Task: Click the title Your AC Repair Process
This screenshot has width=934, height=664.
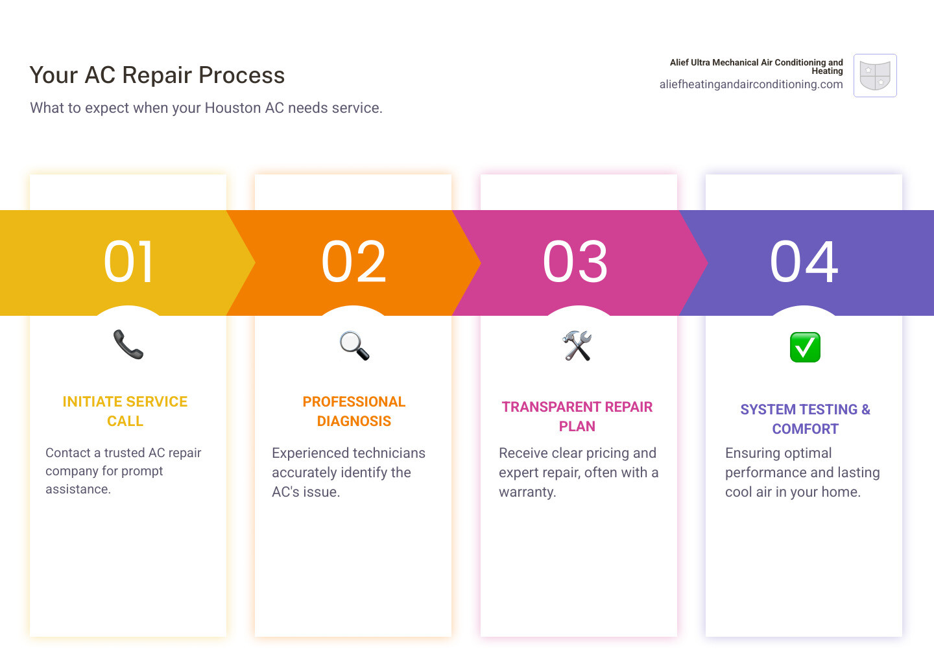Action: [x=157, y=75]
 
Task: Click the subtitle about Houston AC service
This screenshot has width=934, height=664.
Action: [x=206, y=108]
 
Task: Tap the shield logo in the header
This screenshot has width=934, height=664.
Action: [x=875, y=75]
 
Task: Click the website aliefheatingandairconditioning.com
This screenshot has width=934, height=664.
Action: [x=751, y=84]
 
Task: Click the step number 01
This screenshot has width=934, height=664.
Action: [x=129, y=262]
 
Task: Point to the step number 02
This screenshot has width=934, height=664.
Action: [x=354, y=262]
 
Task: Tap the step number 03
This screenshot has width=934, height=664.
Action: [x=576, y=262]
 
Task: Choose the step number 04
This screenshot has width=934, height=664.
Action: [x=804, y=262]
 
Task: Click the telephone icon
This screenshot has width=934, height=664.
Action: [x=128, y=344]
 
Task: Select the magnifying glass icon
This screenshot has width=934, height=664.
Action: [x=354, y=346]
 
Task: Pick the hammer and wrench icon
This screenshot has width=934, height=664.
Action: [x=577, y=346]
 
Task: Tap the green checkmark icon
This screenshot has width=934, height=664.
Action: [x=805, y=347]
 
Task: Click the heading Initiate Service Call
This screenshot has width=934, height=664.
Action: [x=125, y=411]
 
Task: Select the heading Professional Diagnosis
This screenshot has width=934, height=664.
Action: [x=354, y=411]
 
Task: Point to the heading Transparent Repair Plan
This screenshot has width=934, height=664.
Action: [x=577, y=416]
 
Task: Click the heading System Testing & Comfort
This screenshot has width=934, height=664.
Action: [x=805, y=419]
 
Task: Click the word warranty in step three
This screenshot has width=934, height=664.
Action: [x=527, y=492]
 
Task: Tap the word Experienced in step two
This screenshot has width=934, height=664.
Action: [x=312, y=453]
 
